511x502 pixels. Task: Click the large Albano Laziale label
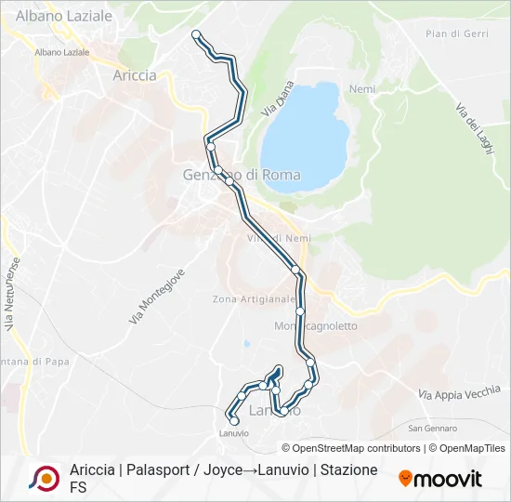coord(64,16)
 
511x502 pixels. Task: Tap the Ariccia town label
coord(135,75)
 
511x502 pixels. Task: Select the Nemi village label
coord(361,89)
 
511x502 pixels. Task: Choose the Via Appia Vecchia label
coord(459,393)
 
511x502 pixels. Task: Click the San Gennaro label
coord(433,429)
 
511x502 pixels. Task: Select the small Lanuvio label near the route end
coord(233,433)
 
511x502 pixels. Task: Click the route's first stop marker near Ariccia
coord(196,34)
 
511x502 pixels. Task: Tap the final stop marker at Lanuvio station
coord(234,421)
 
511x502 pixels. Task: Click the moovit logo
coord(440,479)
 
